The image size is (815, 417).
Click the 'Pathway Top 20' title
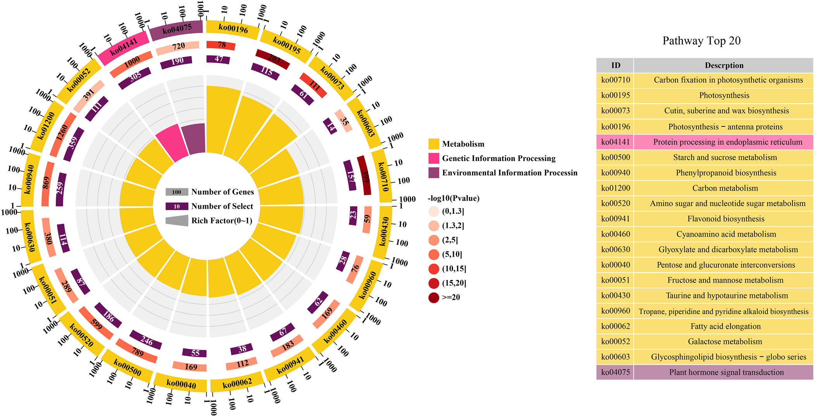click(701, 41)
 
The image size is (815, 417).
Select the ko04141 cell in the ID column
click(615, 142)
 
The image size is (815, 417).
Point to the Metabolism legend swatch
click(434, 144)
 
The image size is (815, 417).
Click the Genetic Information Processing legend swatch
click(434, 158)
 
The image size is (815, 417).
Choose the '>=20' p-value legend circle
click(434, 298)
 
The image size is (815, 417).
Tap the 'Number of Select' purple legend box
click(177, 206)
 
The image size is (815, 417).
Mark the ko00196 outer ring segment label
click(233, 28)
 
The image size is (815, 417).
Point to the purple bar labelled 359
click(73, 144)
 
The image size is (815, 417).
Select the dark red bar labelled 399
click(364, 175)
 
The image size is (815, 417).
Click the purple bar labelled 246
click(146, 340)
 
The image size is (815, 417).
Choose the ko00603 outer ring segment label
click(365, 123)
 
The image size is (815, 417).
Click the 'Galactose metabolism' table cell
click(725, 342)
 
